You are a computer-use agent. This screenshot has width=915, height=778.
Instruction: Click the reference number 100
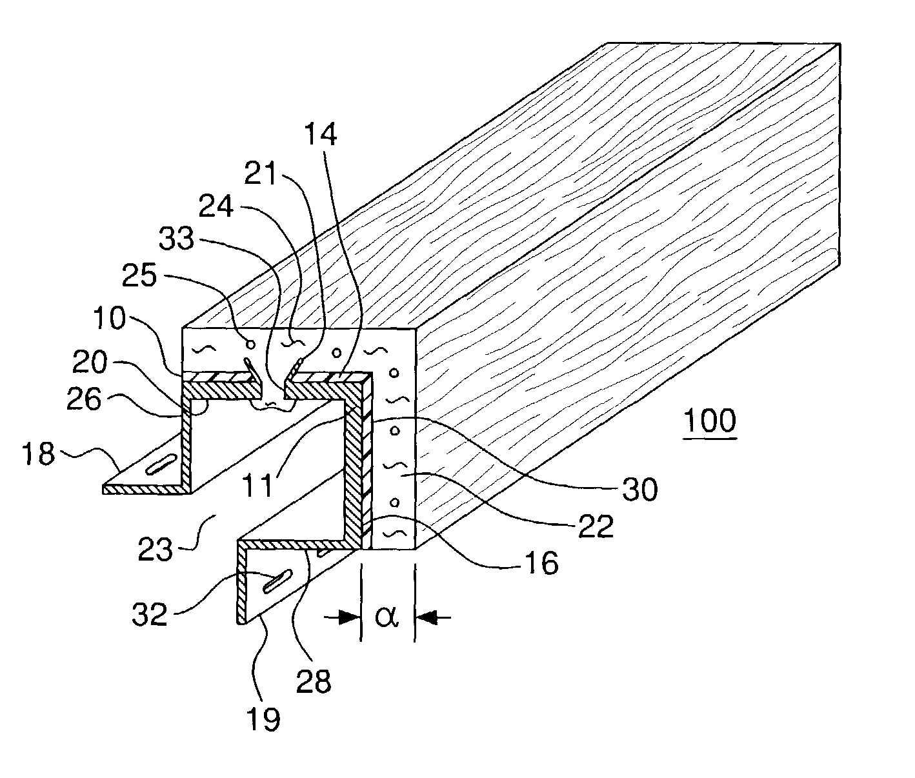(710, 421)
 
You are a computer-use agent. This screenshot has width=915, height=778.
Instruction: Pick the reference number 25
(139, 275)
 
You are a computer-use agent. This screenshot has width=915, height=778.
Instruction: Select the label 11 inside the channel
(259, 486)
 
